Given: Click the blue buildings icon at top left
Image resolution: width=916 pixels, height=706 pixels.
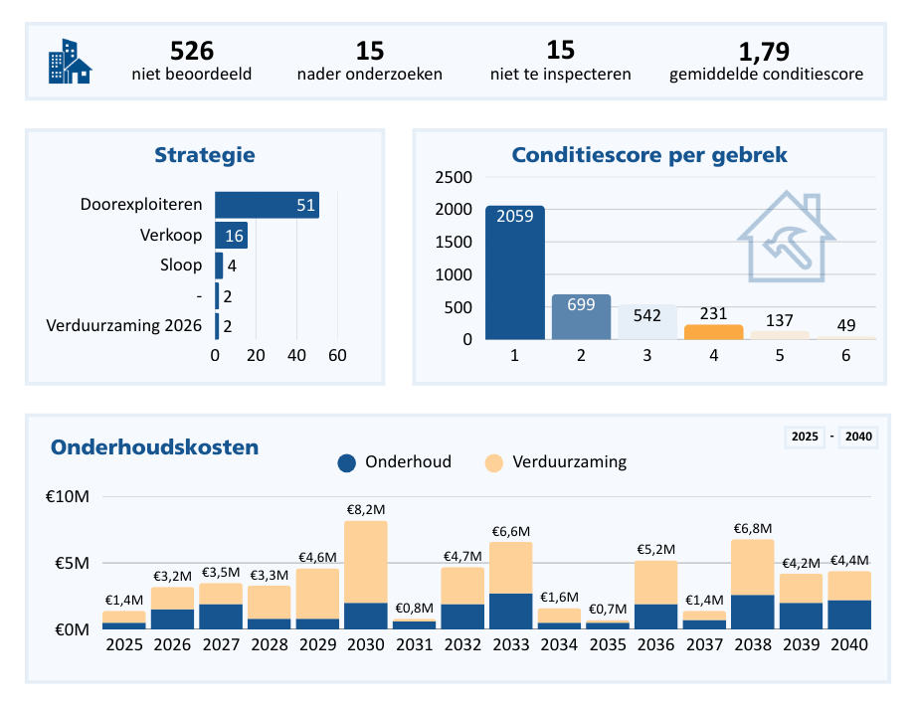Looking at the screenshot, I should (x=70, y=62).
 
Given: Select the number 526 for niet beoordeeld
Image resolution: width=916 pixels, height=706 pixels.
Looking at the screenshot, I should (x=192, y=51).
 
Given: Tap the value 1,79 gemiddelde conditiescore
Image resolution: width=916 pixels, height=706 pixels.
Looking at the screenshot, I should (x=765, y=51).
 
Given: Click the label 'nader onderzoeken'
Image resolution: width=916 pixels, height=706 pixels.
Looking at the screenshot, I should (x=369, y=75).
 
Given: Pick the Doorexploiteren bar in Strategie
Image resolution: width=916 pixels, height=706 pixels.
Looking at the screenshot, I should (x=267, y=205).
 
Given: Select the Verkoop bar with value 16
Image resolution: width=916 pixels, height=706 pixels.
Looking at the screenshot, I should (x=231, y=236).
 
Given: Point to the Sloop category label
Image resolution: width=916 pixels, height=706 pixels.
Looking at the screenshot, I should (x=181, y=265).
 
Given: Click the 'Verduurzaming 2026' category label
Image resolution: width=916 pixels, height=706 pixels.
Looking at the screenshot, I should (x=124, y=326).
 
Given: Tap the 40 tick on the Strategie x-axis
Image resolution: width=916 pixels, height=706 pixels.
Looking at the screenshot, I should (x=296, y=355).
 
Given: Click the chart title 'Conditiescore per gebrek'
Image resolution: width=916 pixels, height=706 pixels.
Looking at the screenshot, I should (x=649, y=155).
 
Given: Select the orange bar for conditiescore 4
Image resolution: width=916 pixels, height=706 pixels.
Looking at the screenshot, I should (x=713, y=331).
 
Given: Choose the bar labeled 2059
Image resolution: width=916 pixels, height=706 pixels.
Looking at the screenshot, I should (x=514, y=272).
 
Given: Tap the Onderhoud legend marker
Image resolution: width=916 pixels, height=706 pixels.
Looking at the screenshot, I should (x=347, y=462).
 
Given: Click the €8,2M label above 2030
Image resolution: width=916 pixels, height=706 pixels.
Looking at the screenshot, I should (x=366, y=509).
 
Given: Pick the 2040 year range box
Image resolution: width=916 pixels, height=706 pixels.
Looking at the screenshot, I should (x=858, y=437).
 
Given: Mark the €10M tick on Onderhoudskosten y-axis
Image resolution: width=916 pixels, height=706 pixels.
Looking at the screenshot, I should (x=67, y=497).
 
